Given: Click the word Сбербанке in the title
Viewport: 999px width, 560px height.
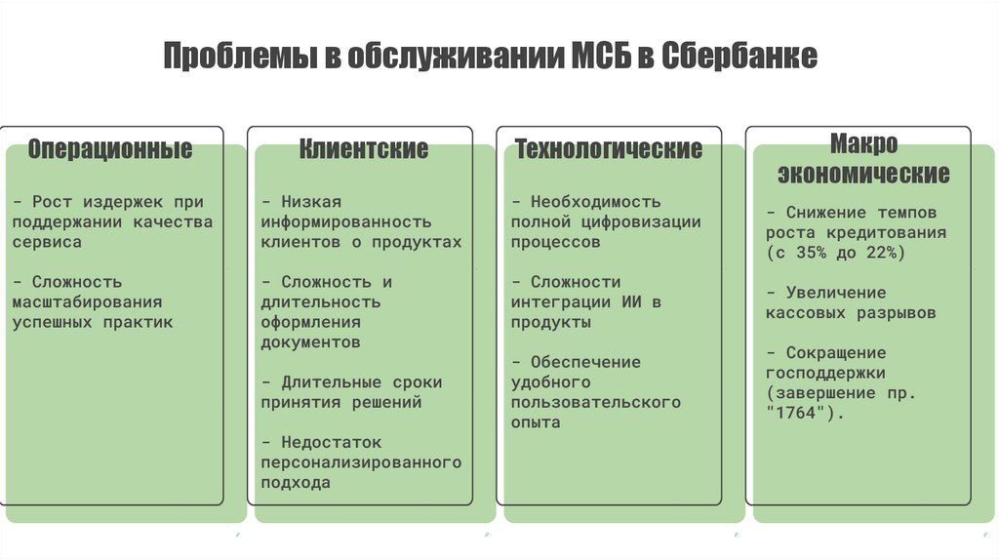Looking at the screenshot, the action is click(x=739, y=56).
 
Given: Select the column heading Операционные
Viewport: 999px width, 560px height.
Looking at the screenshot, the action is click(x=109, y=150).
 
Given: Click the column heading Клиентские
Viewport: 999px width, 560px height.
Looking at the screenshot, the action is click(x=364, y=149).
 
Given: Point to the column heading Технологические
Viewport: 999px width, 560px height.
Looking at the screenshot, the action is click(x=609, y=149).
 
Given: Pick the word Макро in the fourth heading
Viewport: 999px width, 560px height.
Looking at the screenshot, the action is click(x=863, y=144).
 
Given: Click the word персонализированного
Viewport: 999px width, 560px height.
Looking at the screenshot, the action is click(x=361, y=461).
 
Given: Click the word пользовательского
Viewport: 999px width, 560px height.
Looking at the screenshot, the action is click(x=595, y=402).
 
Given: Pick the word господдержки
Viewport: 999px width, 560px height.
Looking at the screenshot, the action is click(x=825, y=373).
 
